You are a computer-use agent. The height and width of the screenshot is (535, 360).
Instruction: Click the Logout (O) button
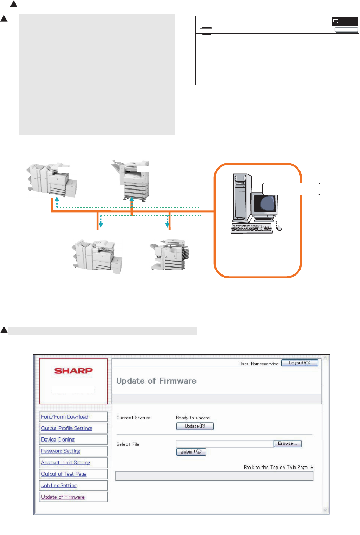click(x=299, y=363)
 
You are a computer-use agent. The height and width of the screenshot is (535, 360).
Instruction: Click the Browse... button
click(x=287, y=444)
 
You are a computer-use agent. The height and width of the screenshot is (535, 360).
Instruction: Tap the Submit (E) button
click(x=191, y=452)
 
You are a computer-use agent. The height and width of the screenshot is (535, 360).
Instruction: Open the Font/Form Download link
click(x=65, y=417)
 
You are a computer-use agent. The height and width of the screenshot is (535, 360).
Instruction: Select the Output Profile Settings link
click(x=66, y=428)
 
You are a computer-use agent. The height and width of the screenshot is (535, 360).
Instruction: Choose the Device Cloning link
click(x=58, y=440)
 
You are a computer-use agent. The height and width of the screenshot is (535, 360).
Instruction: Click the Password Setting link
click(x=61, y=451)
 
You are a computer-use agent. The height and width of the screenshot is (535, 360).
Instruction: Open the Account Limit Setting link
click(x=65, y=463)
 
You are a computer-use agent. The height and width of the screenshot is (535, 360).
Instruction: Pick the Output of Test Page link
click(x=64, y=474)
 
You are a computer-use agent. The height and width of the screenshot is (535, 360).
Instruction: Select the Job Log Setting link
click(x=59, y=486)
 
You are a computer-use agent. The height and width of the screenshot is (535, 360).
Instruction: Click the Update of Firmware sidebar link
click(x=63, y=497)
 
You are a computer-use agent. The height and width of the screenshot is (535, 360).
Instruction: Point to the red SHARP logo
click(x=73, y=371)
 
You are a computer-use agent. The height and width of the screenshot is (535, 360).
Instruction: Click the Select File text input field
click(x=224, y=444)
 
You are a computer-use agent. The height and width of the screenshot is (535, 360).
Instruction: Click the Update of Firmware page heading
click(x=156, y=381)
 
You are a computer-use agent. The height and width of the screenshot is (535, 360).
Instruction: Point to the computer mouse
click(x=278, y=228)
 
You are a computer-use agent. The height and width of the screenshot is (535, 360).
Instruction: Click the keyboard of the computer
click(x=252, y=229)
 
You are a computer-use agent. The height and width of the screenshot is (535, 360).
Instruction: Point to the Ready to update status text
click(x=193, y=418)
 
